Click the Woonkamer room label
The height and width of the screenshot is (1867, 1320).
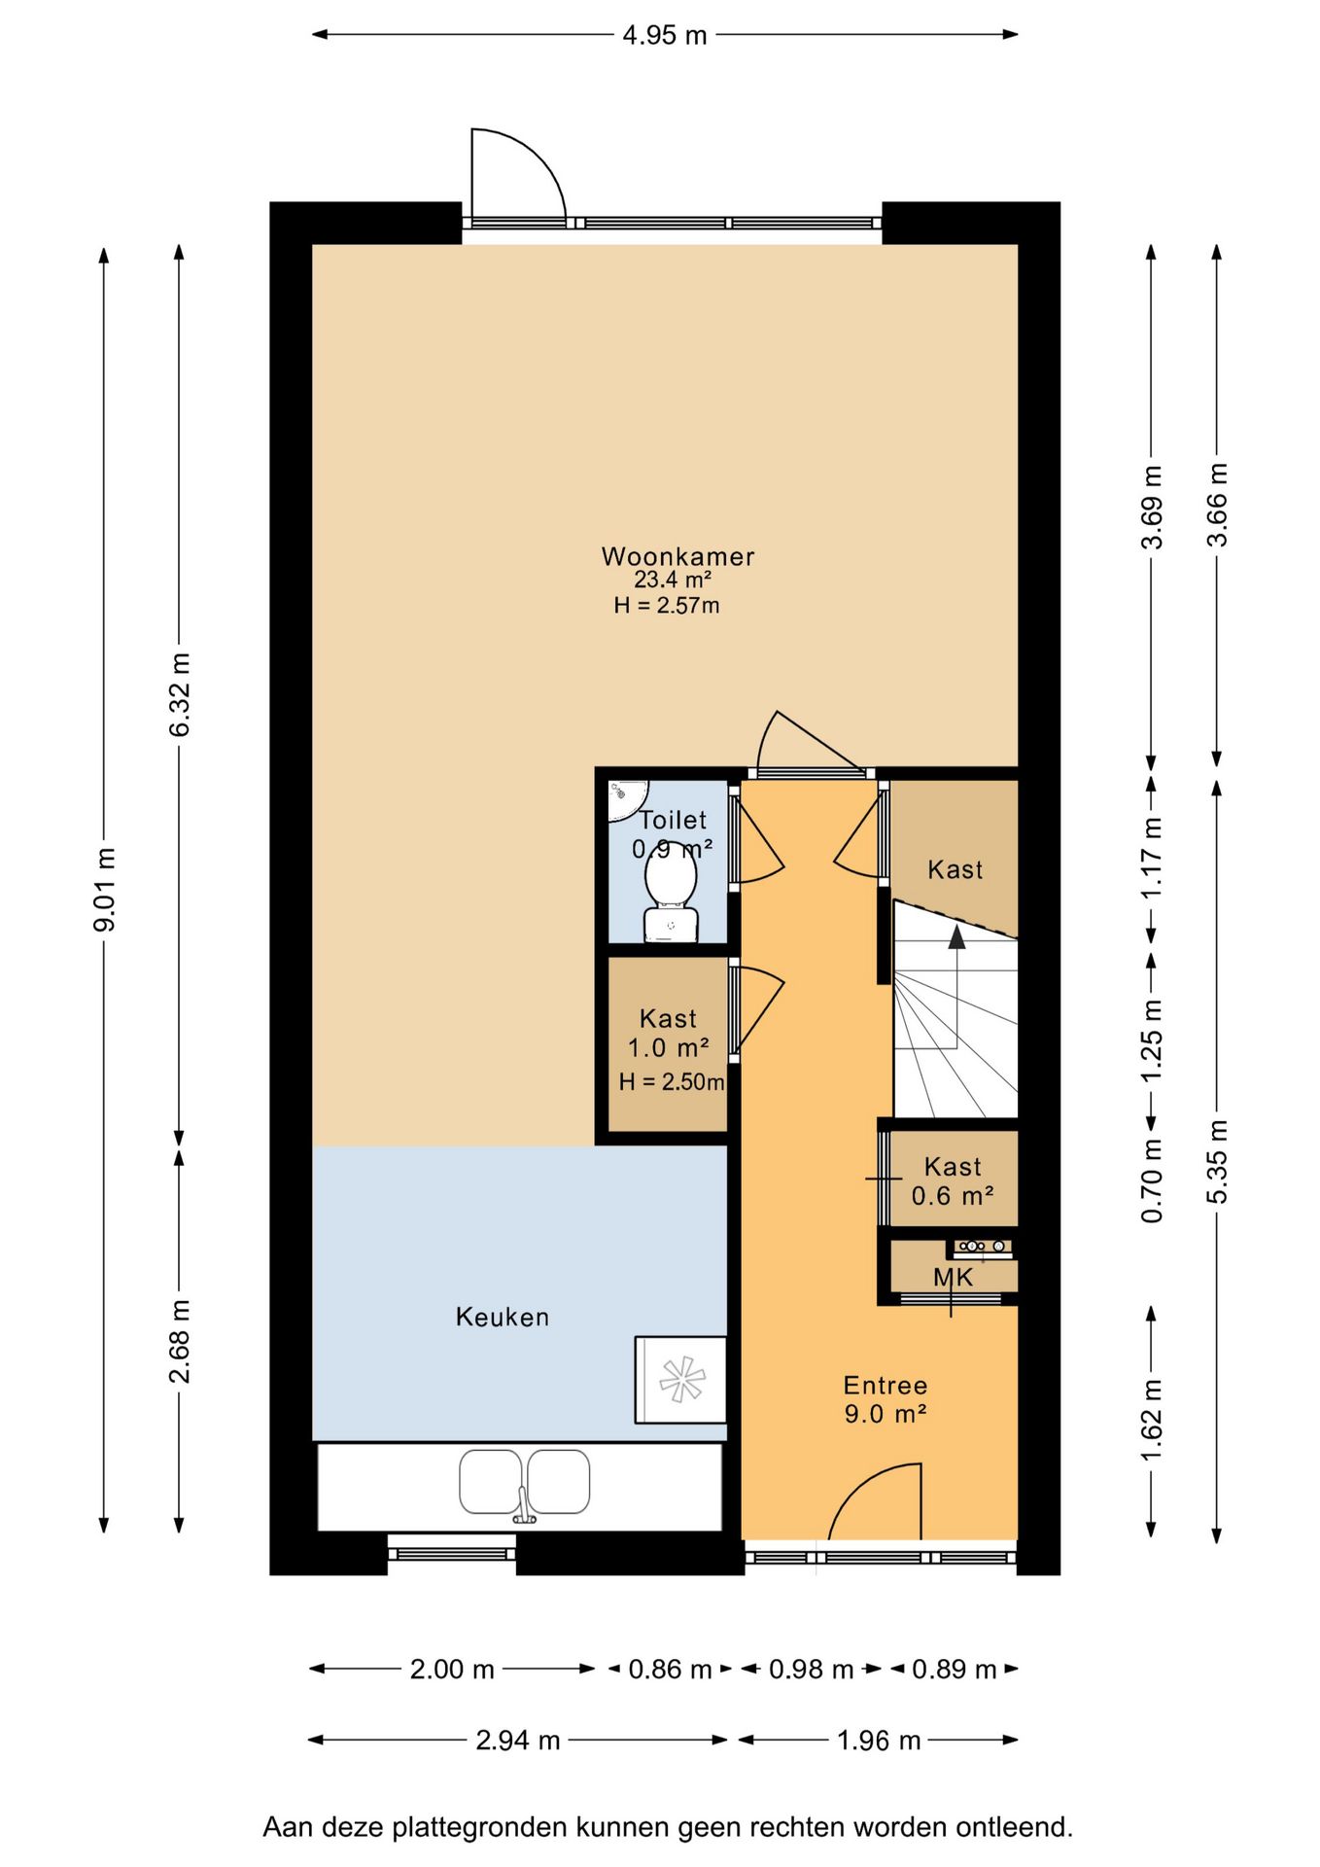(677, 556)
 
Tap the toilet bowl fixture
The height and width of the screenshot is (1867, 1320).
(671, 898)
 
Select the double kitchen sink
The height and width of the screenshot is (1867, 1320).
(524, 1483)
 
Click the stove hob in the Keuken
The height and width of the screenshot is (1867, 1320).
(680, 1379)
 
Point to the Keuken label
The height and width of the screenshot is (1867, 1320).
(503, 1317)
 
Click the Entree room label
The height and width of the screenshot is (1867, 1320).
(886, 1385)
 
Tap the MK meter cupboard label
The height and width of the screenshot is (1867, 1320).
(953, 1277)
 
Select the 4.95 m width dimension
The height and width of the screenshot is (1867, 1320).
(665, 35)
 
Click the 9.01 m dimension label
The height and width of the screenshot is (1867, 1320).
(105, 889)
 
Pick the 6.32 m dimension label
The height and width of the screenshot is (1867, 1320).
(180, 694)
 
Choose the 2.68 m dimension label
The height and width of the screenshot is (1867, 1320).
(180, 1340)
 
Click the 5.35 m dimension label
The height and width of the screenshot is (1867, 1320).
(1217, 1161)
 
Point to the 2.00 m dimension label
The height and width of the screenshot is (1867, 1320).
(452, 1669)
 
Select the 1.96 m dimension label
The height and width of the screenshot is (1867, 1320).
(879, 1740)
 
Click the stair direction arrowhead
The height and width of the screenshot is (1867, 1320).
(956, 935)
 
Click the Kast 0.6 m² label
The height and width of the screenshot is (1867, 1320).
(953, 1180)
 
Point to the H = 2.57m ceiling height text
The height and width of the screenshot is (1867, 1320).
(667, 606)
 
